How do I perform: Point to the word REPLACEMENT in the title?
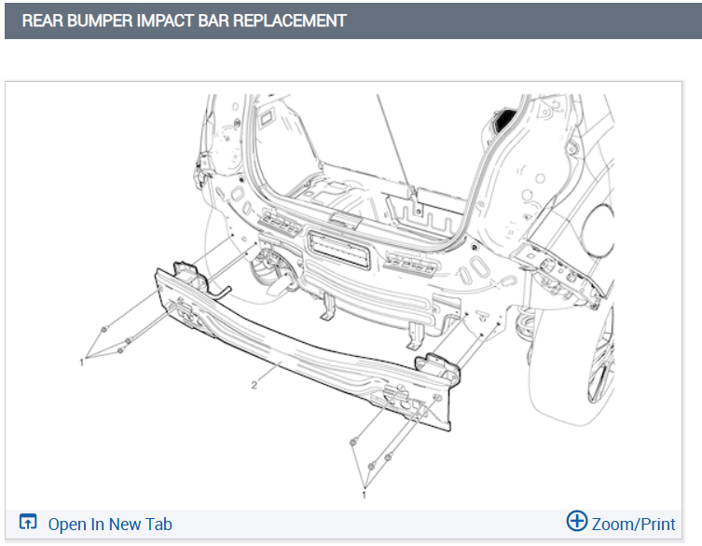tap(290, 20)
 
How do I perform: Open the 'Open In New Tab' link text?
tap(110, 524)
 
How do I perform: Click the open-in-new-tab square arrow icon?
tap(28, 522)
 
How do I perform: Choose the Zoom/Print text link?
tap(634, 524)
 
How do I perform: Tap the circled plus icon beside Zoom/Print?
tap(577, 521)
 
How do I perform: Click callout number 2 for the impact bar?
tap(254, 385)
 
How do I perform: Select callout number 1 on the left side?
tap(81, 362)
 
